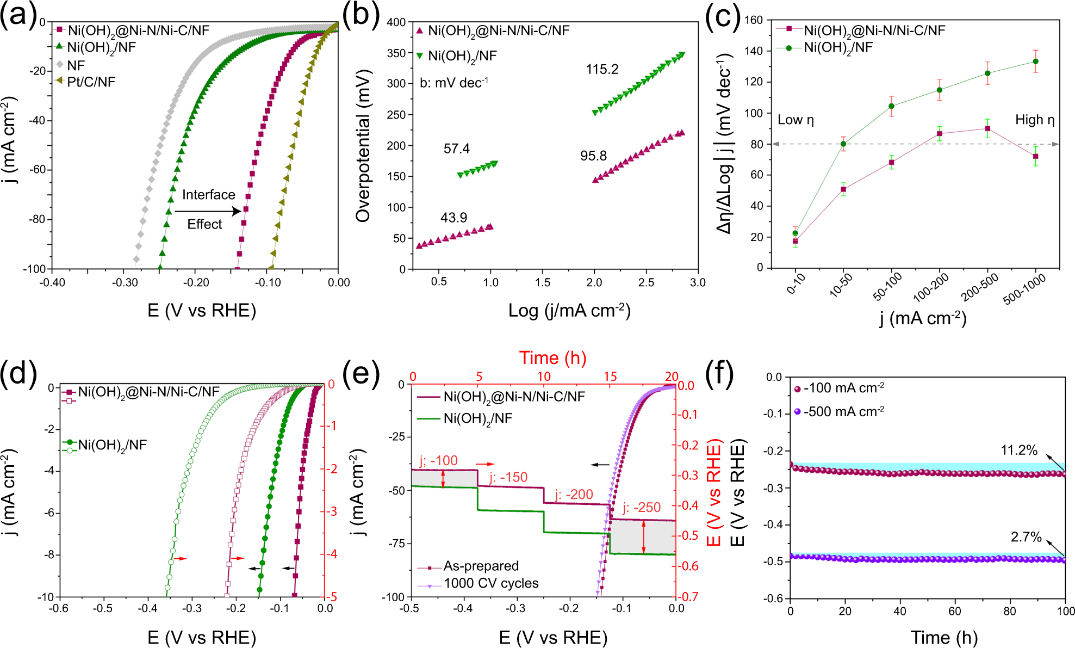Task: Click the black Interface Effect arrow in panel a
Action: [208, 211]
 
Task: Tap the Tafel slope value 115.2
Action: [602, 70]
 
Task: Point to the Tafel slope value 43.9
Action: [453, 218]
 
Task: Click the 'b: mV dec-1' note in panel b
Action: [453, 83]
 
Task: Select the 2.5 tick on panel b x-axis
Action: [646, 282]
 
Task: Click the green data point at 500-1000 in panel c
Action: [1035, 61]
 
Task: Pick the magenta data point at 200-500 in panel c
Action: [987, 129]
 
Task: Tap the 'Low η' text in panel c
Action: [796, 120]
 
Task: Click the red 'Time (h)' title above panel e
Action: [552, 358]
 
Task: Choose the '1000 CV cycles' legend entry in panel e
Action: [490, 583]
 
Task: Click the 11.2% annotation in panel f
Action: [1018, 450]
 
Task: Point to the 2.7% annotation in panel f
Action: [1026, 538]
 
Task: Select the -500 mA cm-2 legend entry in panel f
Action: [843, 412]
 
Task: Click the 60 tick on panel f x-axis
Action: [954, 612]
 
